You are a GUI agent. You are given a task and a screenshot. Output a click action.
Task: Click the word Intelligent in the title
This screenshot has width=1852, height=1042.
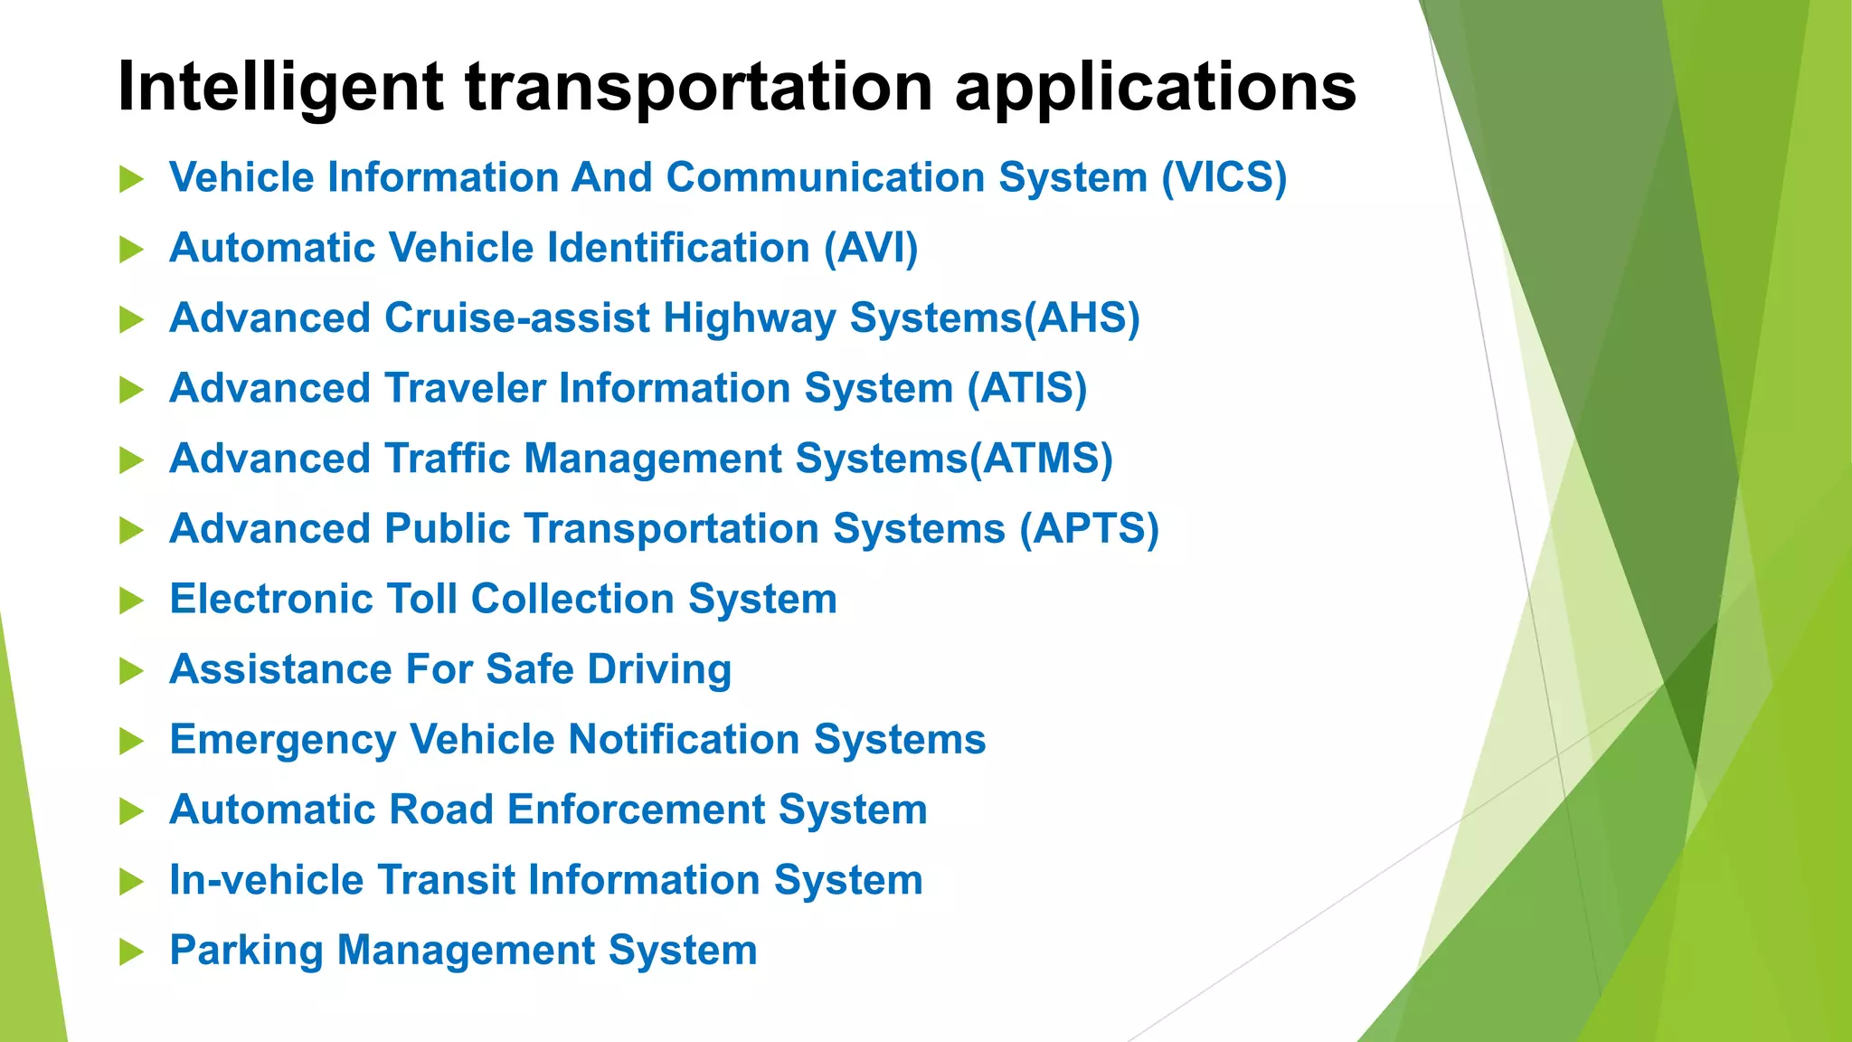click(x=280, y=88)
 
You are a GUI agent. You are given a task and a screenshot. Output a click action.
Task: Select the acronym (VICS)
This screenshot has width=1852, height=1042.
click(x=1224, y=177)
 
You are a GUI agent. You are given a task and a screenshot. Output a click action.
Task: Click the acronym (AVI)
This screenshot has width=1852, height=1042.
click(x=871, y=248)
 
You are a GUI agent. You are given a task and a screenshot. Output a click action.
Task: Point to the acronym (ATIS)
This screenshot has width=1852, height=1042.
click(x=1026, y=388)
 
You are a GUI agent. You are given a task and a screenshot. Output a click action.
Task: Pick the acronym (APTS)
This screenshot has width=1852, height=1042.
click(x=1089, y=529)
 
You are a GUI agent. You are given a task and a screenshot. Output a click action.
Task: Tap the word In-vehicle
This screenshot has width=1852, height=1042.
click(x=266, y=880)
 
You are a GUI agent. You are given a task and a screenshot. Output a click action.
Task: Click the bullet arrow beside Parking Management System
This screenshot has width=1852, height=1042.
click(x=132, y=952)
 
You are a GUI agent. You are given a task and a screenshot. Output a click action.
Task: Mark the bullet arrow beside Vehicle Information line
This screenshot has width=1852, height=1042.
click(x=132, y=179)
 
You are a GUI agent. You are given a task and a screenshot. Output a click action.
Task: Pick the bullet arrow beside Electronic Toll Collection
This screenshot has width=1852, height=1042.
click(x=132, y=601)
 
